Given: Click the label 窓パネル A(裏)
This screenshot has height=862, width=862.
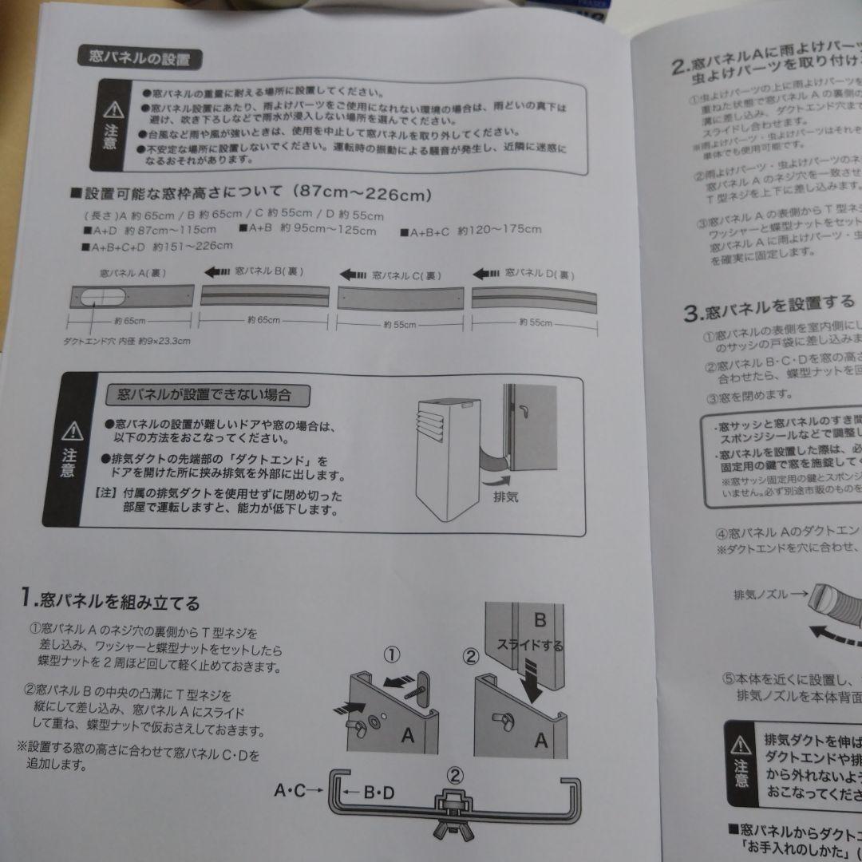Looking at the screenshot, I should (132, 273).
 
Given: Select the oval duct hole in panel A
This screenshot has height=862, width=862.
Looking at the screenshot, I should (100, 299).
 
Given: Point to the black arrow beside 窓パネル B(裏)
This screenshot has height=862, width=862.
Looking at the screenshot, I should (218, 272).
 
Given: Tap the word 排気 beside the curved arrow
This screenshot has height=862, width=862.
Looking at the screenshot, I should (504, 496).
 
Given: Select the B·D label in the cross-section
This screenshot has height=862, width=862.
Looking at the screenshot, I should (377, 793).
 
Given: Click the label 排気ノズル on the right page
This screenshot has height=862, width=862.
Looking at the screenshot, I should (770, 595).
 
